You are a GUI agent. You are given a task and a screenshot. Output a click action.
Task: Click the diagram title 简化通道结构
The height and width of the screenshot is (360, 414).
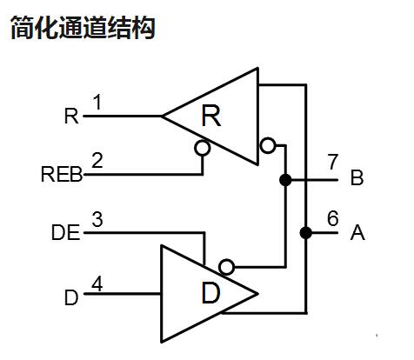tap(83, 28)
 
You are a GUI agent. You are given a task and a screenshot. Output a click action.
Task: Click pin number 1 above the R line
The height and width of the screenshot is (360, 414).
tap(97, 102)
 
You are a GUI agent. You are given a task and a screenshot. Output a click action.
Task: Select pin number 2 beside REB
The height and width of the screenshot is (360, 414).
tap(97, 160)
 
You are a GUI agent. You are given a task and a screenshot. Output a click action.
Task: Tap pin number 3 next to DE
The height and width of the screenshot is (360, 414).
tap(97, 219)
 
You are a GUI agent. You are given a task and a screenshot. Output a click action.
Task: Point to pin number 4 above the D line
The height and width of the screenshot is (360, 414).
tap(97, 283)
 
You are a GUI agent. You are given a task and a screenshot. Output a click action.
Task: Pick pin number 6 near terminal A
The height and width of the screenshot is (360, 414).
tap(333, 218)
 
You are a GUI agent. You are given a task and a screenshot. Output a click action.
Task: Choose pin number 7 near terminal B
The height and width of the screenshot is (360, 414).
tap(333, 162)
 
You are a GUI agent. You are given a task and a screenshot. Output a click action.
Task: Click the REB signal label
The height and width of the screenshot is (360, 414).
tap(62, 175)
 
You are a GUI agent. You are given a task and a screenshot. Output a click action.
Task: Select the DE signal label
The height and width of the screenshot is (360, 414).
tap(66, 233)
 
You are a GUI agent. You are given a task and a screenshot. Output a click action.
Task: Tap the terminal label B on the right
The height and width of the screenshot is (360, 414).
tap(357, 177)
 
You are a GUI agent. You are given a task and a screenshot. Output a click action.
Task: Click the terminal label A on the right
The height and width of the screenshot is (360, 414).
tap(357, 232)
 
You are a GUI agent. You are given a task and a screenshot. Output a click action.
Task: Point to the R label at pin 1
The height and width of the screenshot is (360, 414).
tap(71, 116)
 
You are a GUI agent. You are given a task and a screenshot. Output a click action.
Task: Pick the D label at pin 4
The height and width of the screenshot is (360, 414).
tap(71, 297)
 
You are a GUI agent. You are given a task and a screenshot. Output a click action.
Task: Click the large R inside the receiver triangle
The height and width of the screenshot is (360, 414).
tap(211, 116)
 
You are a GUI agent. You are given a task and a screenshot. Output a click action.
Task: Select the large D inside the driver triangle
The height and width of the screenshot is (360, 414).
tap(210, 293)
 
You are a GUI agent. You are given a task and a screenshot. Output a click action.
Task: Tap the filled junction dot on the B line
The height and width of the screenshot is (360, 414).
tap(285, 180)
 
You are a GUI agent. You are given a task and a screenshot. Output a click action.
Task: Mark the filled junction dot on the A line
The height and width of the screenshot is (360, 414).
tap(306, 233)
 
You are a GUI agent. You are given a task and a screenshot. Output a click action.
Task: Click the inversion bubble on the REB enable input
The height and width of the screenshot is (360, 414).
tap(202, 149)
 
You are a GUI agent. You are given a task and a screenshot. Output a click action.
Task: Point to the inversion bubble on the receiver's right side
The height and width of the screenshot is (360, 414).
tap(268, 145)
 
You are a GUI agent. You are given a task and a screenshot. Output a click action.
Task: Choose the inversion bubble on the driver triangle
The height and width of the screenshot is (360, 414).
tap(226, 267)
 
